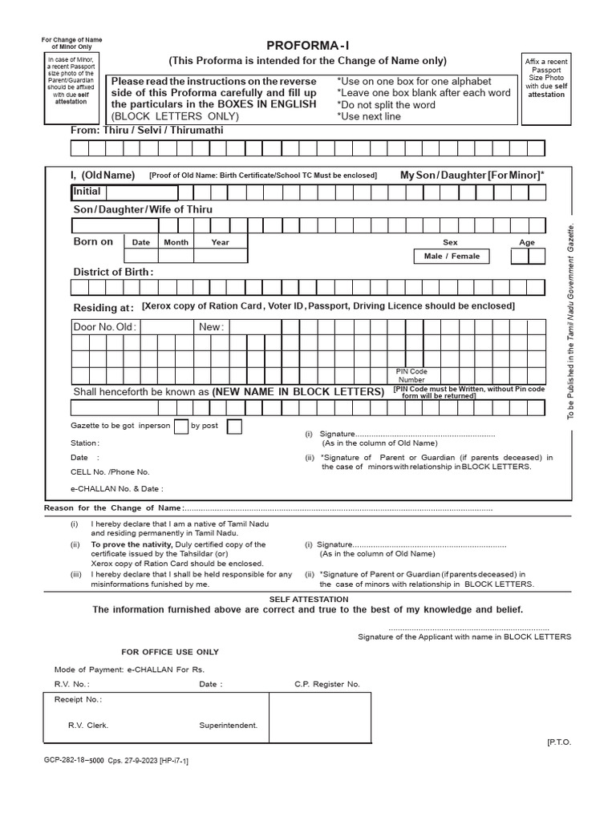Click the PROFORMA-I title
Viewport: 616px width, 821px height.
pyautogui.click(x=307, y=46)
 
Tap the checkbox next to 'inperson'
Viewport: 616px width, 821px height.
pyautogui.click(x=181, y=426)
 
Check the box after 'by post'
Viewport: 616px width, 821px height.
pyautogui.click(x=234, y=426)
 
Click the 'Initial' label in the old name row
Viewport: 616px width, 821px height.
pyautogui.click(x=87, y=192)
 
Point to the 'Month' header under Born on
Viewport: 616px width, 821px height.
pyautogui.click(x=176, y=242)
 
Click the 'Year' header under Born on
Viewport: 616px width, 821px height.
pyautogui.click(x=220, y=242)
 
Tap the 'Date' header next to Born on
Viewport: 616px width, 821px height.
pyautogui.click(x=141, y=242)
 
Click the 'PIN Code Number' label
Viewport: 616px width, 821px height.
pyautogui.click(x=411, y=376)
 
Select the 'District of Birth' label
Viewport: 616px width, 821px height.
pyautogui.click(x=113, y=272)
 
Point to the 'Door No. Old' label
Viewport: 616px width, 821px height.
pyautogui.click(x=105, y=327)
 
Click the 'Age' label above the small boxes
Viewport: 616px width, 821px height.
pyautogui.click(x=527, y=242)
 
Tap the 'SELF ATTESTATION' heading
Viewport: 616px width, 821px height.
pyautogui.click(x=308, y=599)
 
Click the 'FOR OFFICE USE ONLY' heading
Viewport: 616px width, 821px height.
pyautogui.click(x=170, y=652)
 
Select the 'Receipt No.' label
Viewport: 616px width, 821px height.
pyautogui.click(x=78, y=699)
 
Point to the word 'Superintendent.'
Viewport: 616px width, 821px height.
pyautogui.click(x=229, y=725)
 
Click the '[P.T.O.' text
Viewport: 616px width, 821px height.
pyautogui.click(x=559, y=742)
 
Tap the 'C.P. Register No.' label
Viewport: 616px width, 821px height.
pyautogui.click(x=327, y=684)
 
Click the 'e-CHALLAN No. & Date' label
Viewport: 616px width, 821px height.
pyautogui.click(x=117, y=487)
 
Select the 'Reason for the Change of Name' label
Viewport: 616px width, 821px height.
pyautogui.click(x=113, y=508)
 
